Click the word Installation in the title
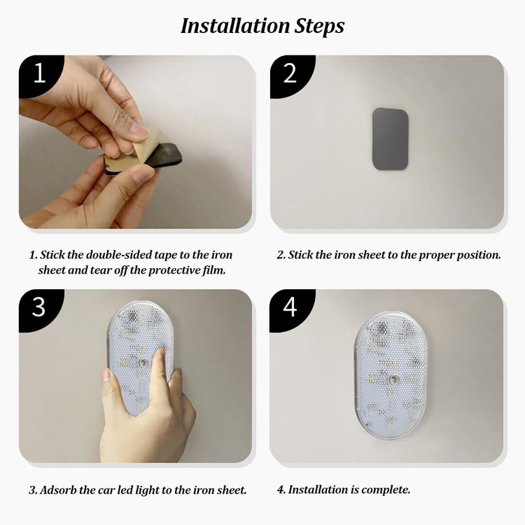235,26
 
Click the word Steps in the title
319,27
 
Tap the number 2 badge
290,74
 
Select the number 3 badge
39,308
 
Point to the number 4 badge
290,308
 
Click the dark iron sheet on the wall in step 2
390,139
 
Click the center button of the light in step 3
144,363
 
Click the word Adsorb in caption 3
58,490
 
